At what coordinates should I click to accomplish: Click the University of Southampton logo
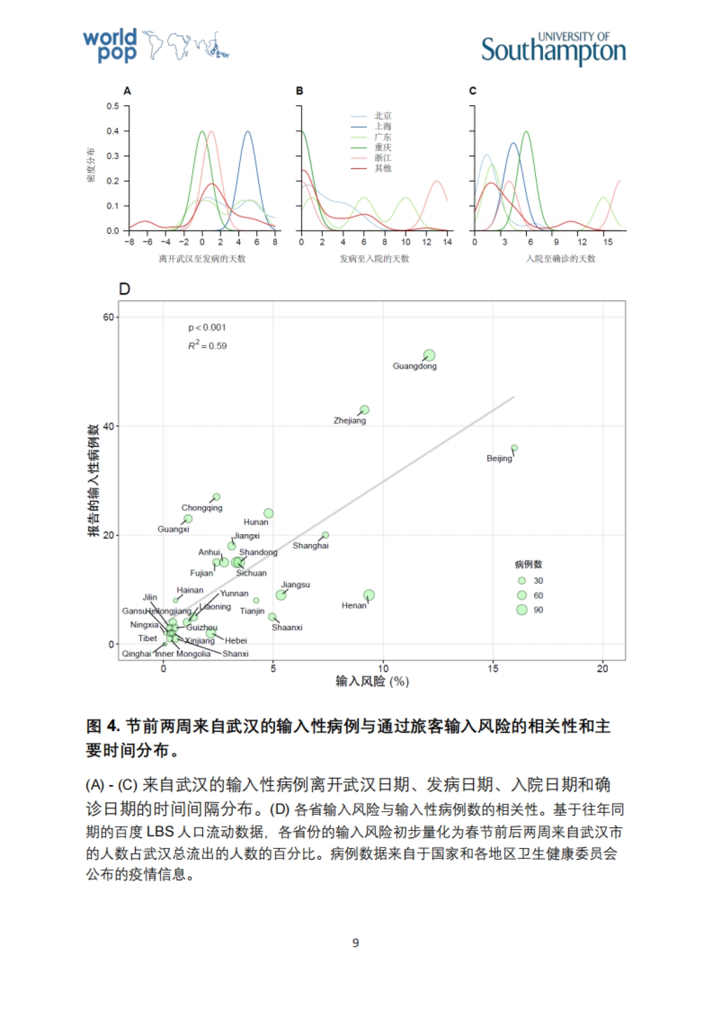pyautogui.click(x=553, y=48)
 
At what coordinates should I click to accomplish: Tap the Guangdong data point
pyautogui.click(x=429, y=355)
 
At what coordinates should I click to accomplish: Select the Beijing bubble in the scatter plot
pyautogui.click(x=514, y=448)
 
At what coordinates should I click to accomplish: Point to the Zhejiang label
pyautogui.click(x=349, y=421)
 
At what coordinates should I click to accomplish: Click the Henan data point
pyautogui.click(x=369, y=595)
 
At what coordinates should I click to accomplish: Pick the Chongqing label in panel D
pyautogui.click(x=201, y=508)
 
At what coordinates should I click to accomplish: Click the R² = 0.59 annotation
pyautogui.click(x=207, y=346)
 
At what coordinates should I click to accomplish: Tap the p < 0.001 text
pyautogui.click(x=207, y=327)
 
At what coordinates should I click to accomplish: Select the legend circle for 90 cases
pyautogui.click(x=522, y=610)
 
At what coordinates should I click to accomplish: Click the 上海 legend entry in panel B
pyautogui.click(x=383, y=127)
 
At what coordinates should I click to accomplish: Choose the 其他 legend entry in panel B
pyautogui.click(x=383, y=168)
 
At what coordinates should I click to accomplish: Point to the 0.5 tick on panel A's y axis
pyautogui.click(x=113, y=106)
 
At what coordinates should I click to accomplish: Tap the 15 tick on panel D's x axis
pyautogui.click(x=493, y=669)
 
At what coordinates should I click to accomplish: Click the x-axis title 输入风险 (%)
pyautogui.click(x=372, y=682)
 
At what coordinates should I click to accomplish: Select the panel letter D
pyautogui.click(x=124, y=289)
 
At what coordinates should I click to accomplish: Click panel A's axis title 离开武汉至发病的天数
pyautogui.click(x=202, y=258)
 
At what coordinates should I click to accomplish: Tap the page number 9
pyautogui.click(x=355, y=943)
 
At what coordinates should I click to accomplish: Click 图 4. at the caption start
pyautogui.click(x=103, y=726)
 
